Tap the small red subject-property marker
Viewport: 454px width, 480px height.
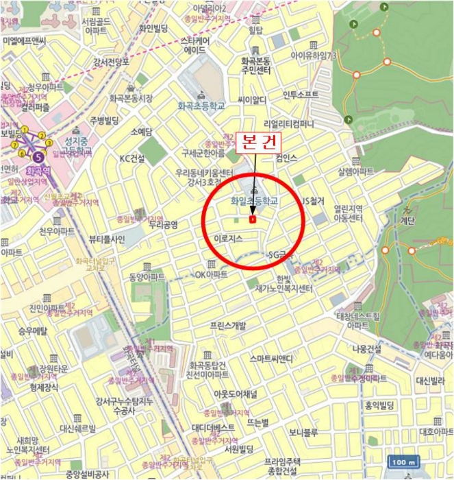(x=253, y=219)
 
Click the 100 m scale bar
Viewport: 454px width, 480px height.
(x=404, y=461)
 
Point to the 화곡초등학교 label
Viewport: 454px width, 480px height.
(x=201, y=106)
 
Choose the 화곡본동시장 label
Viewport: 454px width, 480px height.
(x=129, y=98)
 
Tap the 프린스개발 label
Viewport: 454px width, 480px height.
(x=227, y=326)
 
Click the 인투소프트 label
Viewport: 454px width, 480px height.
(x=301, y=95)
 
